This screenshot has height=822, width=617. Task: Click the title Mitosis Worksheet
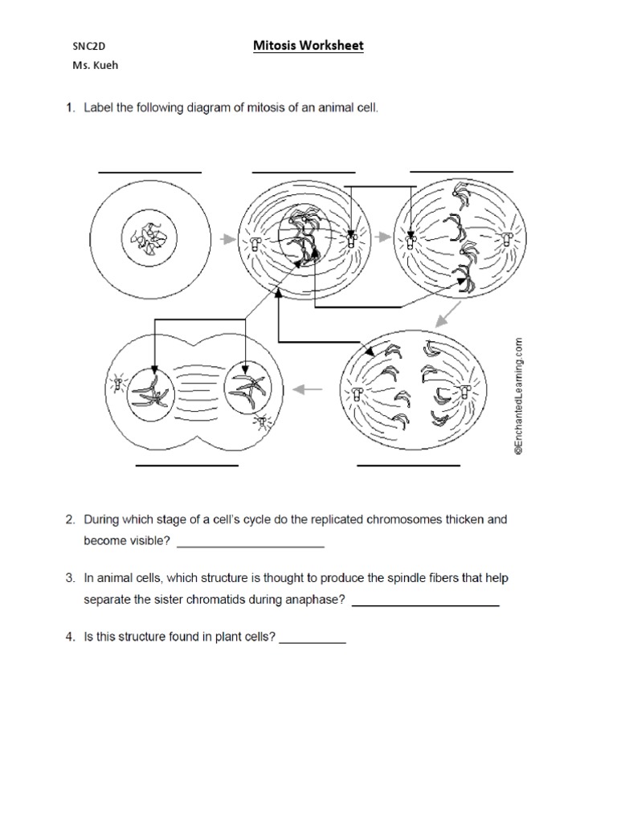pos(308,46)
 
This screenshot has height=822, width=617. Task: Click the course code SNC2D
pos(89,47)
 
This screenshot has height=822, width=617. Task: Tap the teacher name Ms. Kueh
pos(94,67)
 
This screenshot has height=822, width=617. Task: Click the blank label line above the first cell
pos(149,172)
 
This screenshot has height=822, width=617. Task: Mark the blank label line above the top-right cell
pos(461,171)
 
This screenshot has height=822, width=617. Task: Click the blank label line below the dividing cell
pos(187,465)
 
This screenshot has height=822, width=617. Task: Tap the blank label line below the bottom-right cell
pos(408,465)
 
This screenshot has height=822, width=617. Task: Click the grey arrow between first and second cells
pos(227,238)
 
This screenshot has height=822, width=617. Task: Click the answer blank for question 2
pos(250,546)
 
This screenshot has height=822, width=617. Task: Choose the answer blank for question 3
pos(426,604)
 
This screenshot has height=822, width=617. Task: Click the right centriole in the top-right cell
pos(507,238)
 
